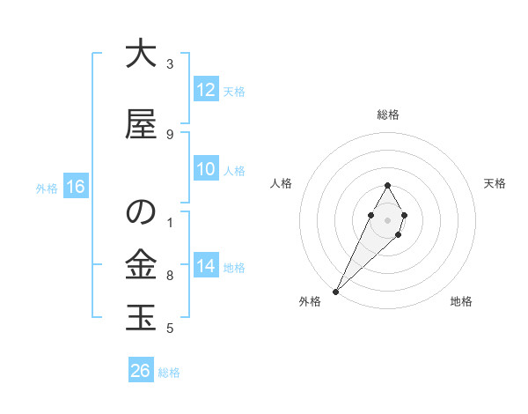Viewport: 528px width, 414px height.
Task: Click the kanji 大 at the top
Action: pos(140,55)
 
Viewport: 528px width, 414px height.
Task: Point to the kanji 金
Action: pos(140,264)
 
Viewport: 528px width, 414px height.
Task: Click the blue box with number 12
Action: pos(205,90)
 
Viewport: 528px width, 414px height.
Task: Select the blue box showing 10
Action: pos(205,170)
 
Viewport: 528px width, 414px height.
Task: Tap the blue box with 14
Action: pos(205,267)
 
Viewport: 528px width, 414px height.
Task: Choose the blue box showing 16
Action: pos(75,187)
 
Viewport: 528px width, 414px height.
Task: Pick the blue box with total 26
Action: pos(140,371)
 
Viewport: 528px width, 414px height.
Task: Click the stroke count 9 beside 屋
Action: pos(169,134)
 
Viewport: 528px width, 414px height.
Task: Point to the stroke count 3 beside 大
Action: pos(169,63)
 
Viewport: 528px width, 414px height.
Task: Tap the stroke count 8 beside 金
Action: pos(169,276)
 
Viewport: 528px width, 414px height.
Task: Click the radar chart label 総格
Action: pos(387,115)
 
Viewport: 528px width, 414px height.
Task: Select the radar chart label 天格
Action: pos(495,183)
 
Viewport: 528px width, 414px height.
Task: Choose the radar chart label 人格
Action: pos(281,183)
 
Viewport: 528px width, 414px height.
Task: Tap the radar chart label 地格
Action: pos(461,301)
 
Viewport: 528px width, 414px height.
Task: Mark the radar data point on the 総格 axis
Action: pos(387,185)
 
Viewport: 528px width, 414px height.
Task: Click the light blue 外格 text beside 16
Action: pos(46,188)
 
